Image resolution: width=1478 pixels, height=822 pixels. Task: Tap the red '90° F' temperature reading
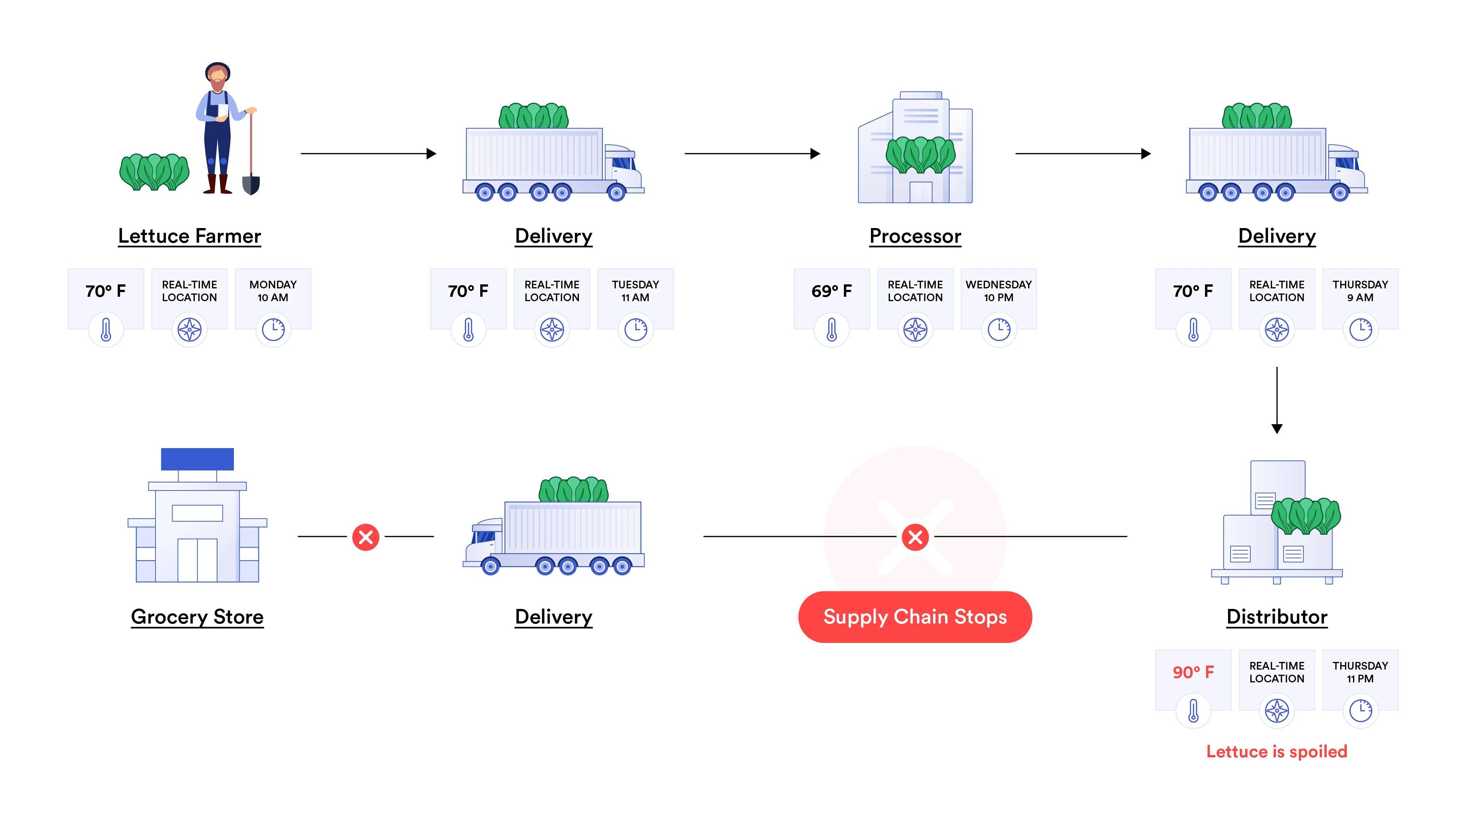(x=1193, y=672)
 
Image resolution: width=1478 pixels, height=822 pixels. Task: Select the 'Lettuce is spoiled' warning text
(x=1277, y=751)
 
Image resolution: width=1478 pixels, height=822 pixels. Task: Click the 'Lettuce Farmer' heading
(x=189, y=236)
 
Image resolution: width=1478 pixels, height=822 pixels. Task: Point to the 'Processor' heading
(x=915, y=236)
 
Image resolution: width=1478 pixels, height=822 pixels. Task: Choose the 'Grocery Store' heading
(x=197, y=617)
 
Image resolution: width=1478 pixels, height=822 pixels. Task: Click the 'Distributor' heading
(x=1277, y=617)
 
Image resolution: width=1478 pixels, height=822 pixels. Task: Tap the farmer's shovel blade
(x=251, y=185)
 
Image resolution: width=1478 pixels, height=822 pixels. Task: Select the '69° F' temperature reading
(x=831, y=291)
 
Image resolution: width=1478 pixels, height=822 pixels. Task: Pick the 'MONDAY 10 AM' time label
(x=273, y=291)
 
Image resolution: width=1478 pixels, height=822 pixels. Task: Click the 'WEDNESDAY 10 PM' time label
(x=998, y=291)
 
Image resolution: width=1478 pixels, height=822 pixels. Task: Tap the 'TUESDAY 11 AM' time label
(x=635, y=291)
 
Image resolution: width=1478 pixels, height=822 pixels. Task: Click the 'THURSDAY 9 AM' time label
(x=1360, y=291)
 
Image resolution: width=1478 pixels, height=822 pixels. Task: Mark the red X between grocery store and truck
(x=365, y=537)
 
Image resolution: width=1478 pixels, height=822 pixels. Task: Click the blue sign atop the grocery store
(x=197, y=459)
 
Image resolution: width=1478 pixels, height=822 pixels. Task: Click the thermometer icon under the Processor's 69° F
(x=831, y=330)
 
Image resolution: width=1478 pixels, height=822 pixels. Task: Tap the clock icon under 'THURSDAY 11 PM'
(x=1360, y=711)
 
